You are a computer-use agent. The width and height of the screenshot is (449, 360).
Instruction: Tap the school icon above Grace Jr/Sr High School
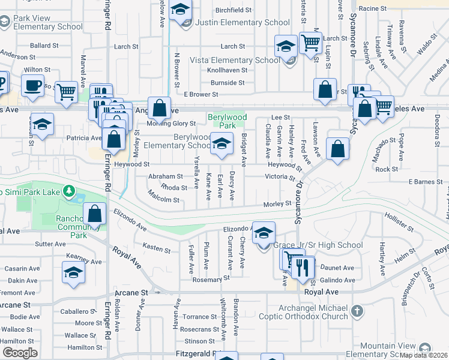coord(263,233)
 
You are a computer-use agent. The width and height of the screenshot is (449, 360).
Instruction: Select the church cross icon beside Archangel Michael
coord(357,311)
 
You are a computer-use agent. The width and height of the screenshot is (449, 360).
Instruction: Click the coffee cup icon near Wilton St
coord(33,85)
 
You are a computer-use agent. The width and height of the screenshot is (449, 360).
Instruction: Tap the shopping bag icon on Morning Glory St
coord(160,109)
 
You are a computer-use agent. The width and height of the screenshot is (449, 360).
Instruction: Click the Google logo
coord(19,353)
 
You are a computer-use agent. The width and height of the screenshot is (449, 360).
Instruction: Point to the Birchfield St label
coord(234,10)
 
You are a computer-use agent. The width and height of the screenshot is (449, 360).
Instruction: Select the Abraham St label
coord(166,176)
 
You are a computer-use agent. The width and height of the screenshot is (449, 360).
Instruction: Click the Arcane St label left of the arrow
coord(131,293)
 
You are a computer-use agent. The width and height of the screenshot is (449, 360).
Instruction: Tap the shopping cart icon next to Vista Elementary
coord(311,43)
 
